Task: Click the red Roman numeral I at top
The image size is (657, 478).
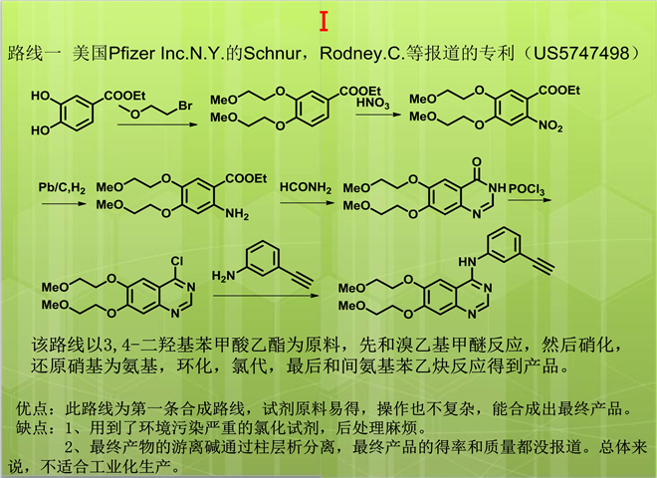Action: (x=325, y=21)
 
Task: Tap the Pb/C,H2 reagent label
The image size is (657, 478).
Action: (x=62, y=187)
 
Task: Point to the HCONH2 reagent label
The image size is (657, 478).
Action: (x=303, y=187)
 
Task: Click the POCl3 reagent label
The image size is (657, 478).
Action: (x=530, y=187)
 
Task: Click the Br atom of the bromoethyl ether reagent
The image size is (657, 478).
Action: (x=185, y=104)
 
